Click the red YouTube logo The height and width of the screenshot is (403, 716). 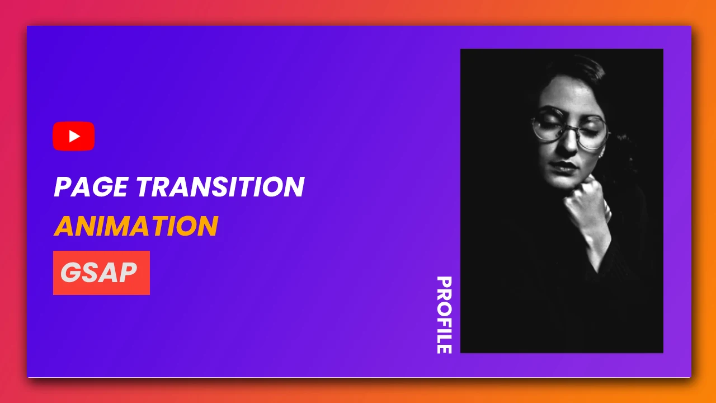pyautogui.click(x=73, y=136)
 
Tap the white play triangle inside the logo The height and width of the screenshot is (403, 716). pyautogui.click(x=74, y=136)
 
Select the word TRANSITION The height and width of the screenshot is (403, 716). pyautogui.click(x=220, y=187)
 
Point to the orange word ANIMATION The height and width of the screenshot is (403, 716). pyautogui.click(x=136, y=226)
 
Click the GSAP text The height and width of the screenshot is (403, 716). pyautogui.click(x=98, y=273)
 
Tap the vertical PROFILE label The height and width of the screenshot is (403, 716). pyautogui.click(x=444, y=315)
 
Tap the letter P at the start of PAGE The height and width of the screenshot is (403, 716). pyautogui.click(x=62, y=187)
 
